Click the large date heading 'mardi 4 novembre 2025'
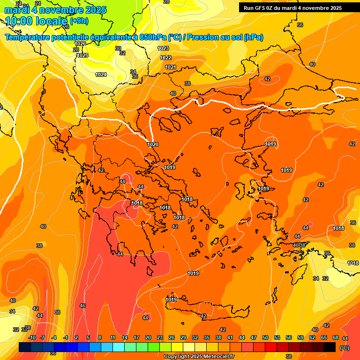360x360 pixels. pyautogui.click(x=55, y=10)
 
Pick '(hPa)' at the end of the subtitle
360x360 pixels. pyautogui.click(x=253, y=37)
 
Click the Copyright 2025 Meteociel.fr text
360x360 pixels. pyautogui.click(x=199, y=357)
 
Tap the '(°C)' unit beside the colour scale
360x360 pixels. pyautogui.click(x=344, y=348)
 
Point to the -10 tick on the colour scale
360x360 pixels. pyautogui.click(x=32, y=337)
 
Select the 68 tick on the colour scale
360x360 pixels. pyautogui.click(x=336, y=337)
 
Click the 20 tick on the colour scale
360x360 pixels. pyautogui.click(x=148, y=337)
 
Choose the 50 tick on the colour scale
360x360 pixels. pyautogui.click(x=265, y=337)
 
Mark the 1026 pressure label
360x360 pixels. pyautogui.click(x=80, y=44)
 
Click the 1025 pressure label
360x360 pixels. pyautogui.click(x=82, y=55)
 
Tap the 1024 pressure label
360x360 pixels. pyautogui.click(x=101, y=75)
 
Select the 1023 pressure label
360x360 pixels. pyautogui.click(x=163, y=49)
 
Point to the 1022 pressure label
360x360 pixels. pyautogui.click(x=165, y=58)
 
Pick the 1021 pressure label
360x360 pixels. pyautogui.click(x=170, y=67)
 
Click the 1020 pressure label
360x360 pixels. pyautogui.click(x=152, y=144)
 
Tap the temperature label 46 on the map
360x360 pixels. pyautogui.click(x=82, y=306)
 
